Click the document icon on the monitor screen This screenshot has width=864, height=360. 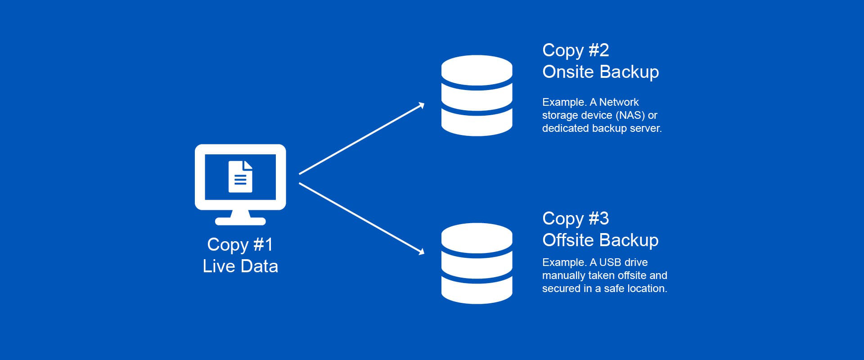240,177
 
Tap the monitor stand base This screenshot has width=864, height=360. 240,221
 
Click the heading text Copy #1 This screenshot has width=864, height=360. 240,245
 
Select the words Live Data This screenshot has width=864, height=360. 240,266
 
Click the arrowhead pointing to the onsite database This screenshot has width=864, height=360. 421,105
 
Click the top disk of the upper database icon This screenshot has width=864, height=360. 477,69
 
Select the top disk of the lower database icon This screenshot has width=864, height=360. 477,237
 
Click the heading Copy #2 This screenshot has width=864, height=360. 576,50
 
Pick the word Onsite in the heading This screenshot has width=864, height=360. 567,72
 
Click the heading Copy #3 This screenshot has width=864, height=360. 576,219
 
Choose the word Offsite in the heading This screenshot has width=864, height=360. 568,240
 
